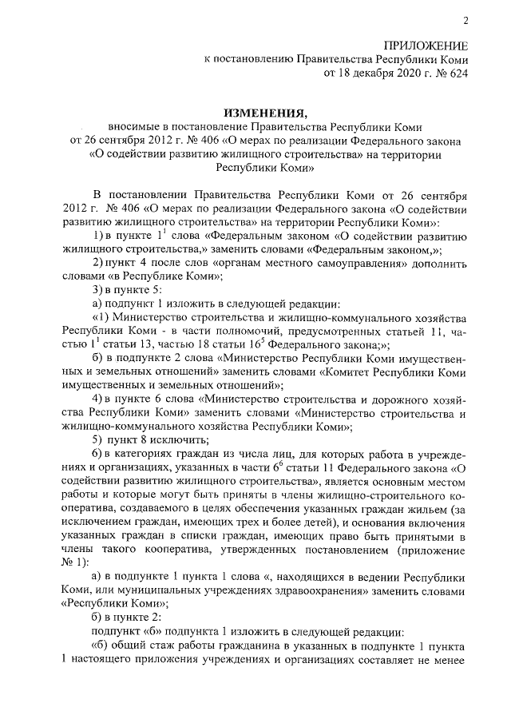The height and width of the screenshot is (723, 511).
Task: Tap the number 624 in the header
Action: [457, 73]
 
